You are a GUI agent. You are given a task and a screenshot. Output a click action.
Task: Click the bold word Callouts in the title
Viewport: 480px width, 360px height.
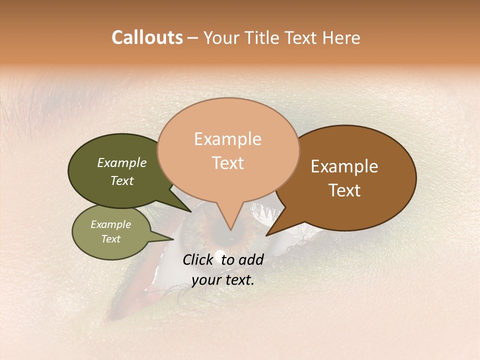coord(147,37)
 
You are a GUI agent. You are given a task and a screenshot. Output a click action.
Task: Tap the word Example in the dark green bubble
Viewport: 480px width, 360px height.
coord(122,162)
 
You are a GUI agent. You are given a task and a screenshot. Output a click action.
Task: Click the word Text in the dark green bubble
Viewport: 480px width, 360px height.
coord(122,180)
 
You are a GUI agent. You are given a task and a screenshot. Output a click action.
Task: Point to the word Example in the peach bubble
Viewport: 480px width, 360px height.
coord(228,139)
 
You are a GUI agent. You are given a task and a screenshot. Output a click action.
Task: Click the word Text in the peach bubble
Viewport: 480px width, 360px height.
coord(228,162)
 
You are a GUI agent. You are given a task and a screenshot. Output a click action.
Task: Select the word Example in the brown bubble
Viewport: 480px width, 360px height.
coord(344,166)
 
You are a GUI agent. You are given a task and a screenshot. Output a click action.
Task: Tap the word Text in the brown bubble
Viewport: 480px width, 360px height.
coord(344,190)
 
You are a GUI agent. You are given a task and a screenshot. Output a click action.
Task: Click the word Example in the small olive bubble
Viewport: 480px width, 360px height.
coord(111,224)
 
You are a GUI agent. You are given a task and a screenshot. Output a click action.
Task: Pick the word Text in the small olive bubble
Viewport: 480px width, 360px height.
coord(111,239)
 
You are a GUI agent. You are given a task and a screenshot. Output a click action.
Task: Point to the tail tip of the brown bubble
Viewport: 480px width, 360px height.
coord(267,235)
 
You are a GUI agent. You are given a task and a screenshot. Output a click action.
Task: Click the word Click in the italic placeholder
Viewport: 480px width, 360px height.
coord(198,259)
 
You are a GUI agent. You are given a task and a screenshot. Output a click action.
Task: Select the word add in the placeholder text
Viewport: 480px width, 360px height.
coord(251,259)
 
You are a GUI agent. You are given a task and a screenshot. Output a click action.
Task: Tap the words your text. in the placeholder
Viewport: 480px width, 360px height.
coord(223,280)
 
